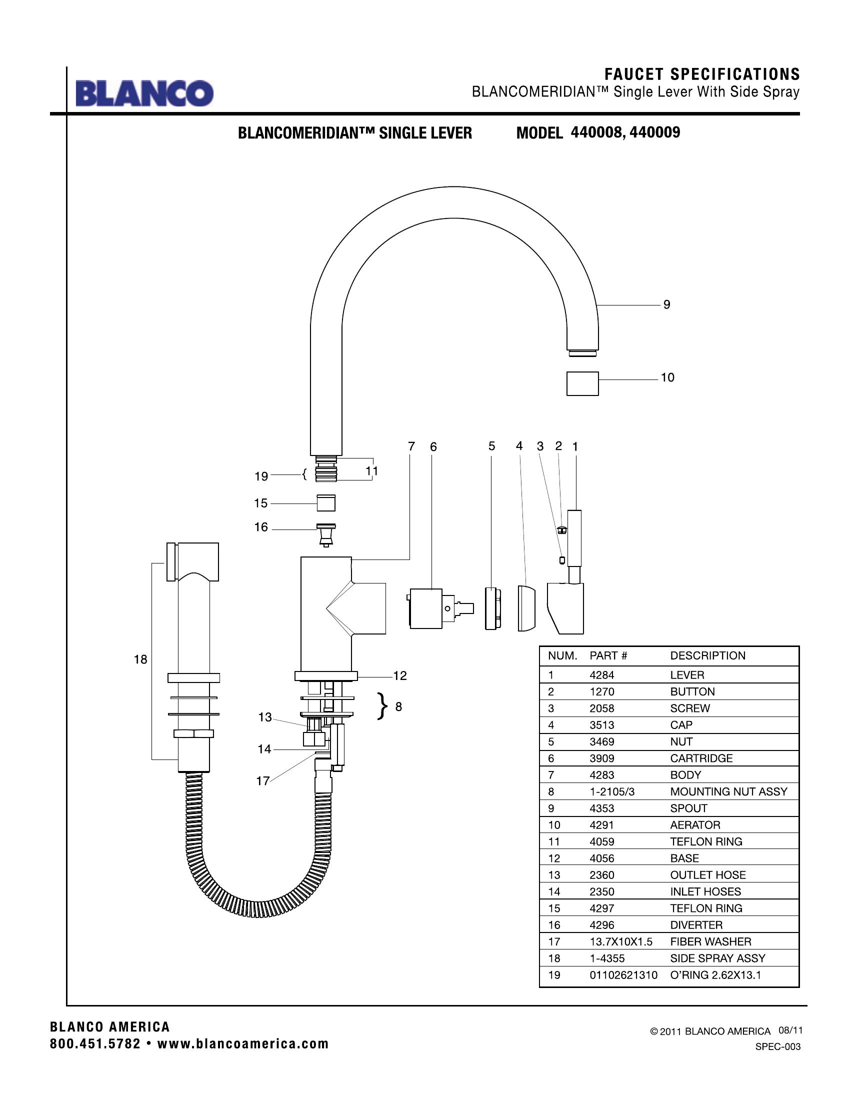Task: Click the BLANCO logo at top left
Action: pos(144,93)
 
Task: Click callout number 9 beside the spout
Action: pos(666,304)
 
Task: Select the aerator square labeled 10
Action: pos(582,384)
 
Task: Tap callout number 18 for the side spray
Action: pos(140,659)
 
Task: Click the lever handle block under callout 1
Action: pos(566,607)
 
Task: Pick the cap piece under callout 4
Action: pos(526,608)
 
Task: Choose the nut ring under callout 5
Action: pos(492,608)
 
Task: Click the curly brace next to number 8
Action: pos(383,706)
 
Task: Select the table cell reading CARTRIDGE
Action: pos(701,758)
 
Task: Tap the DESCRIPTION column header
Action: pos(707,656)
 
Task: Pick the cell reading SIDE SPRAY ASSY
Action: pos(717,958)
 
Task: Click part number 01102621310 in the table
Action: pos(623,975)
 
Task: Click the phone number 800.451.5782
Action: pos(95,1043)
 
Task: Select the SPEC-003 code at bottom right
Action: pos(777,1047)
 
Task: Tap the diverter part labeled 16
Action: pos(326,535)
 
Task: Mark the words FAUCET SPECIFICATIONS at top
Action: pos(702,74)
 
